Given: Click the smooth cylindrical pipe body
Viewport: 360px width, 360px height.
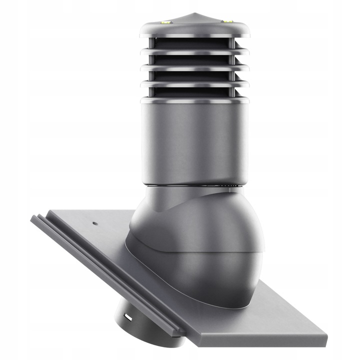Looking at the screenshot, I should [194, 140].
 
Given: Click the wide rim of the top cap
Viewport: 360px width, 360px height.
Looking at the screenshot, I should [194, 30].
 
